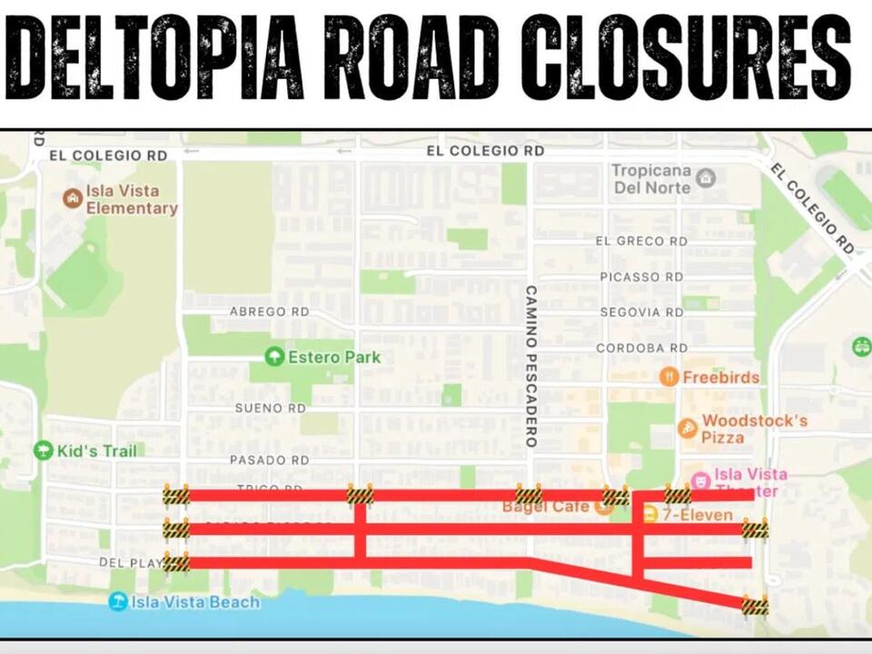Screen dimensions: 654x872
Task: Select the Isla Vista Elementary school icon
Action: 72,198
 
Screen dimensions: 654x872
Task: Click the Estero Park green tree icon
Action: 273,357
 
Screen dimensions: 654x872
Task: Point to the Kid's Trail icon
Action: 43,451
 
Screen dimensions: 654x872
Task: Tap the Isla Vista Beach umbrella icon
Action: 117,601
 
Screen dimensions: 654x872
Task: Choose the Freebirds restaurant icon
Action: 669,377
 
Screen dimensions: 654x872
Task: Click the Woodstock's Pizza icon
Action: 688,428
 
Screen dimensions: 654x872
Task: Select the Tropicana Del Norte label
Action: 651,179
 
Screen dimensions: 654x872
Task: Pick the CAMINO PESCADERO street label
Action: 531,366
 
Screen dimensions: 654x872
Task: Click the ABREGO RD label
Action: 269,312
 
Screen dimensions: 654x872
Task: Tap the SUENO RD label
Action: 271,409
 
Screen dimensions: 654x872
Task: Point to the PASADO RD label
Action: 269,461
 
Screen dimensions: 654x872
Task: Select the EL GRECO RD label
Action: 641,242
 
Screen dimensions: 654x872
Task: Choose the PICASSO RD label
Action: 641,276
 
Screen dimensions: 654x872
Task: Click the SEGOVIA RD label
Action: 641,312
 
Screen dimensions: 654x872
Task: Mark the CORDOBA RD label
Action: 641,348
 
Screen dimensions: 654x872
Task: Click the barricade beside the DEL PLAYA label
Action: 176,562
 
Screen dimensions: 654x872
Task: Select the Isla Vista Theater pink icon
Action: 700,481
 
